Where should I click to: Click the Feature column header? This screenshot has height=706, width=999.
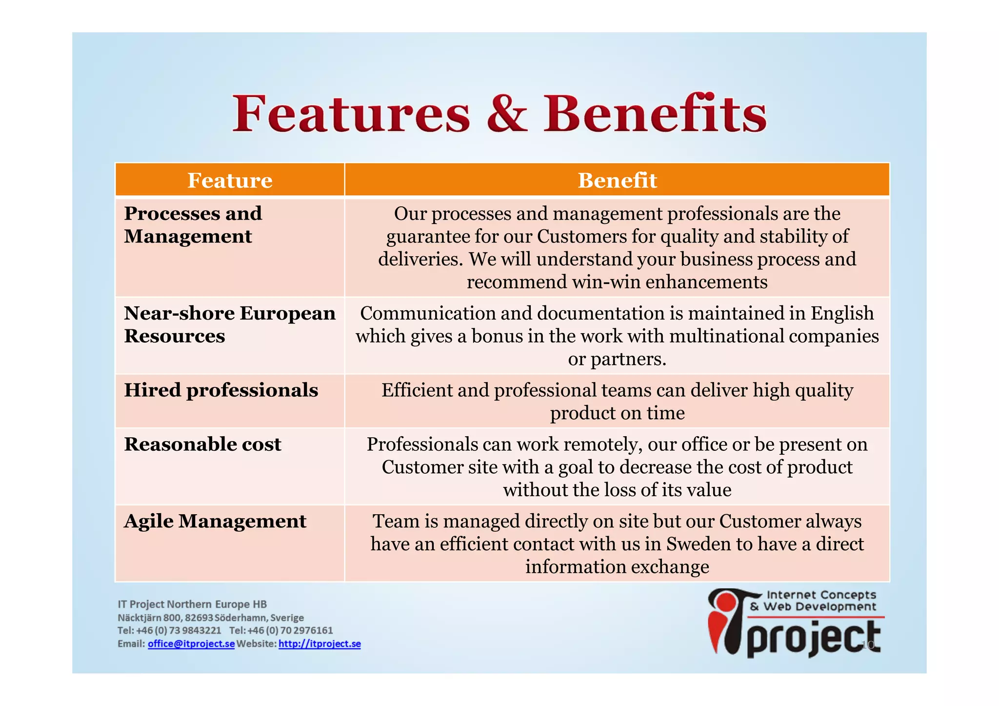click(230, 181)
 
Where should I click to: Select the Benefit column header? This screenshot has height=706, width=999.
click(617, 181)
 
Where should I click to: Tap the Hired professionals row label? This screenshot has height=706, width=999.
click(220, 390)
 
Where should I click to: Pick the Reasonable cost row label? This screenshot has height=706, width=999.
click(202, 444)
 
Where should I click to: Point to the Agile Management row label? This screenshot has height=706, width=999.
click(215, 521)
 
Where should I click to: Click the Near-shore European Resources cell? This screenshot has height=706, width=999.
click(229, 324)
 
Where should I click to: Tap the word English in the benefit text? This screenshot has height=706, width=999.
click(842, 313)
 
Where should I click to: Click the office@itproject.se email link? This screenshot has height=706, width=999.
click(191, 644)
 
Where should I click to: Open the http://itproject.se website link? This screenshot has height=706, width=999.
click(320, 644)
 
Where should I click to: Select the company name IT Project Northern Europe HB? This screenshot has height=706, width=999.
click(192, 604)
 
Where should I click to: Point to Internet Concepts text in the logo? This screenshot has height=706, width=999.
click(821, 595)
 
